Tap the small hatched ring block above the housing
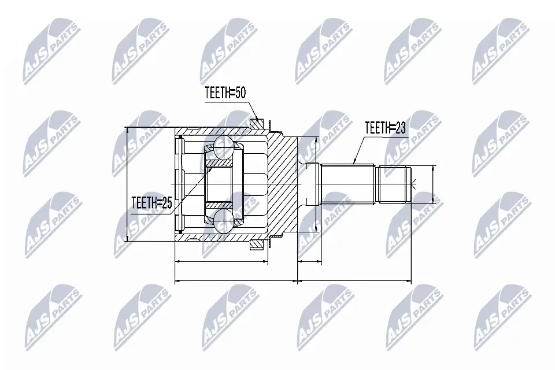256,122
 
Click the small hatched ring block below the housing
256,245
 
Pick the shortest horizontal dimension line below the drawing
309,262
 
